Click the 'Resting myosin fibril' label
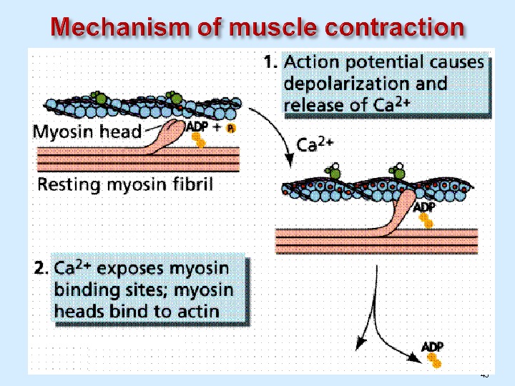pos(124,185)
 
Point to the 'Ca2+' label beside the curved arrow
pos(317,146)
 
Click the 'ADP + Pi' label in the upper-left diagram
pos(210,127)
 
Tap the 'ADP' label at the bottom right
pos(433,347)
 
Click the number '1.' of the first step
pos(270,63)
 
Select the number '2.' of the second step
pos(42,269)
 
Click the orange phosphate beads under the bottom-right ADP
pos(433,360)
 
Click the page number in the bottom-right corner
pos(484,375)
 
